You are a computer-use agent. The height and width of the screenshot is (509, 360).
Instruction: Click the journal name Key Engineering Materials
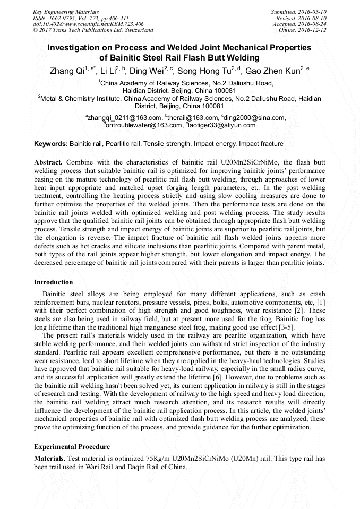(x=65, y=12)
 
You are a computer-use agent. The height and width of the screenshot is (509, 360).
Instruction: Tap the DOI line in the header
(x=88, y=24)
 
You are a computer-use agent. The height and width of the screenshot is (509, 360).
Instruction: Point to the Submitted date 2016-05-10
(x=298, y=12)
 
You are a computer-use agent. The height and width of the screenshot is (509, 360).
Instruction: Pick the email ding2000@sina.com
(x=255, y=118)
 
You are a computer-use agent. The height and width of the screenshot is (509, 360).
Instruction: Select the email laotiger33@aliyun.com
(x=221, y=125)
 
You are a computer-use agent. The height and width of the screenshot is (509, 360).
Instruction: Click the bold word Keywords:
(x=50, y=144)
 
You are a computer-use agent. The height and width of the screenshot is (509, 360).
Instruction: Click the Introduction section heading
(x=54, y=282)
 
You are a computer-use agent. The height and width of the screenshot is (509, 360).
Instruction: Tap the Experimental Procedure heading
(x=72, y=447)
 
